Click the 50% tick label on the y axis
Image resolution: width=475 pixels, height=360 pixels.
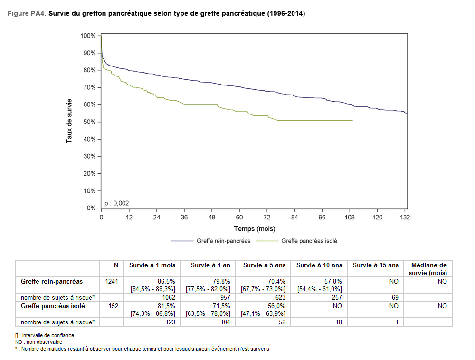pyautogui.click(x=88, y=122)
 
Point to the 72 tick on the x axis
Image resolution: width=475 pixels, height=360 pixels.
pyautogui.click(x=267, y=217)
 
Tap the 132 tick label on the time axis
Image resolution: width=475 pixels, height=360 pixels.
pyautogui.click(x=405, y=217)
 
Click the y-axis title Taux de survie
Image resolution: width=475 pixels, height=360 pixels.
pyautogui.click(x=69, y=121)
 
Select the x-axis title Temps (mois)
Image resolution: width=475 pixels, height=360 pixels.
pyautogui.click(x=254, y=228)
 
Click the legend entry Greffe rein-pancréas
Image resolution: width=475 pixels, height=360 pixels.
pyautogui.click(x=223, y=241)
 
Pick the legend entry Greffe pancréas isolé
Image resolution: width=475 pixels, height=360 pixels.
pyautogui.click(x=309, y=241)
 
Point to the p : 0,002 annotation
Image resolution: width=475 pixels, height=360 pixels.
pyautogui.click(x=116, y=203)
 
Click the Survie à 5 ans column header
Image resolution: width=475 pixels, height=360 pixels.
pyautogui.click(x=263, y=265)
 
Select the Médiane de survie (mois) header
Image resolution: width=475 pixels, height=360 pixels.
pyautogui.click(x=428, y=269)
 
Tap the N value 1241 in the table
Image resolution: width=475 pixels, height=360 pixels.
pyautogui.click(x=112, y=281)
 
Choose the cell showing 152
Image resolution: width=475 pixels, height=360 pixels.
pyautogui.click(x=114, y=306)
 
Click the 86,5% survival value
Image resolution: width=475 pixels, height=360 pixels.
pyautogui.click(x=167, y=281)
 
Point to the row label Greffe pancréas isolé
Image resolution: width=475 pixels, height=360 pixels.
pyautogui.click(x=53, y=306)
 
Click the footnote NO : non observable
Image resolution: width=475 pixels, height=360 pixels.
pyautogui.click(x=38, y=342)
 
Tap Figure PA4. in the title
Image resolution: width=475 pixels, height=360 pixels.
pyautogui.click(x=27, y=14)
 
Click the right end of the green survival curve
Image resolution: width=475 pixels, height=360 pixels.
pyautogui.click(x=352, y=120)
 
